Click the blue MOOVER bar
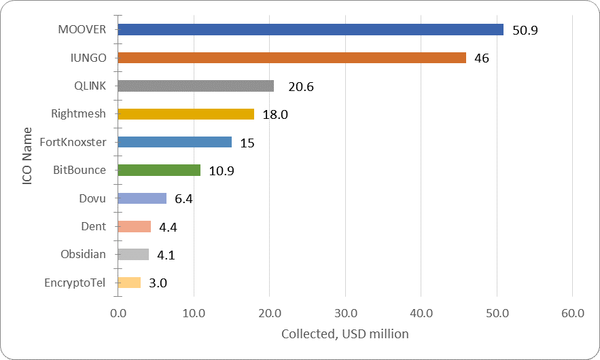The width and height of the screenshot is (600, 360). pos(311,30)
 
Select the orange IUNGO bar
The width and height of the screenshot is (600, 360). pos(292,58)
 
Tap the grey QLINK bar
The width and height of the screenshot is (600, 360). pos(196,86)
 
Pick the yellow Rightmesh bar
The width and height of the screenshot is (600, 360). pos(186,114)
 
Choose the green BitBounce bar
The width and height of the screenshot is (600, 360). pos(159,170)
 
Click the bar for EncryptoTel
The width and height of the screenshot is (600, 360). pos(129,283)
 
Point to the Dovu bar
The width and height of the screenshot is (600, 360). pos(142,198)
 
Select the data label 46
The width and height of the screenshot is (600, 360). pos(482,58)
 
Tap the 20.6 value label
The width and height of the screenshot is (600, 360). pos(300,87)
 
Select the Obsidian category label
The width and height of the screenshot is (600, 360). pos(83,255)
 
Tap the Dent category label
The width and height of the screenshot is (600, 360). pos(93,226)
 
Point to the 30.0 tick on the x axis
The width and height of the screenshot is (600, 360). pos(345,314)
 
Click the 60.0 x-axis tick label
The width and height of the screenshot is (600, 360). pos(573,314)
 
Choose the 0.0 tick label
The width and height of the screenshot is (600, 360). pos(118,314)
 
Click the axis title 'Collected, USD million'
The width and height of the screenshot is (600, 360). pos(345,334)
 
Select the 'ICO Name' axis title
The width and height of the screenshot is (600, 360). pos(26,156)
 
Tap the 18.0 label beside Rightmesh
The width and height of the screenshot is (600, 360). pos(275,115)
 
